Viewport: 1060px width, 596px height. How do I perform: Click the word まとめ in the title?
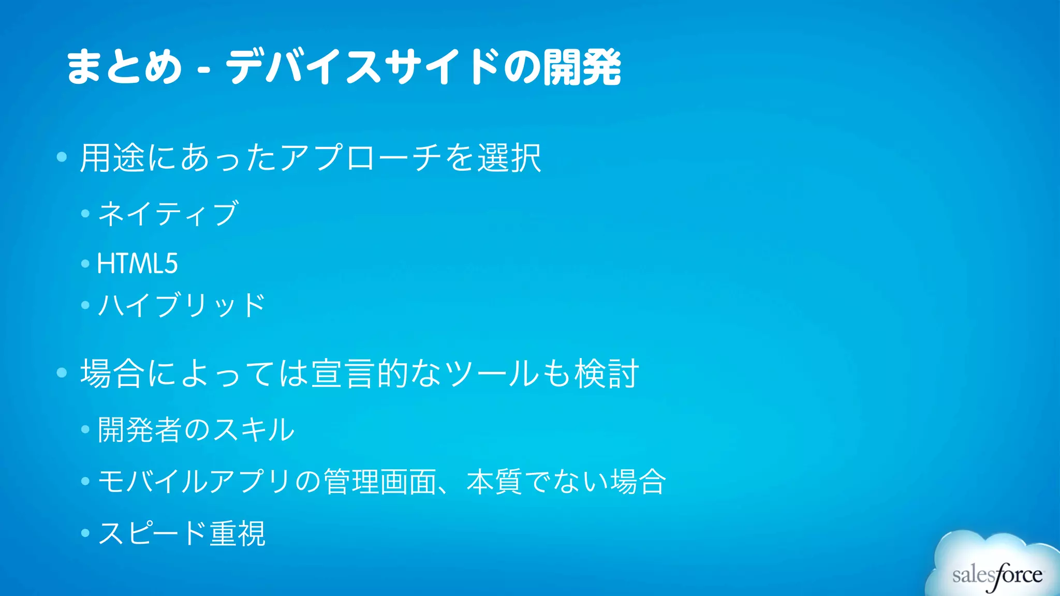pyautogui.click(x=124, y=67)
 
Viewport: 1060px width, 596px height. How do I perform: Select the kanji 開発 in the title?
pyautogui.click(x=582, y=67)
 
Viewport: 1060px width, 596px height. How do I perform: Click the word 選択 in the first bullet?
pyautogui.click(x=509, y=158)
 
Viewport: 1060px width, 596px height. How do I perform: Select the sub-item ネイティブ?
pyautogui.click(x=168, y=213)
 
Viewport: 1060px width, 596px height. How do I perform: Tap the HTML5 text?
pyautogui.click(x=137, y=263)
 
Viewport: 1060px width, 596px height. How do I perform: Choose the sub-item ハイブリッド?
pyautogui.click(x=181, y=305)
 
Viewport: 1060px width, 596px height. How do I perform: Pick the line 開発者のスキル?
pyautogui.click(x=196, y=429)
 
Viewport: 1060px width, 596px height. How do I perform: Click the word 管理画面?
pyautogui.click(x=380, y=481)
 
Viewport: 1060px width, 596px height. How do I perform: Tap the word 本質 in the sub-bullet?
pyautogui.click(x=494, y=481)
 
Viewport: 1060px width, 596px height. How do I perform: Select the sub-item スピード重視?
pyautogui.click(x=181, y=533)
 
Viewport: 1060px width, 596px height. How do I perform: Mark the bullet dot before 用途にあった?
pyautogui.click(x=62, y=157)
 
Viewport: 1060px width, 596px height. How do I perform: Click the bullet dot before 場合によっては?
pyautogui.click(x=62, y=373)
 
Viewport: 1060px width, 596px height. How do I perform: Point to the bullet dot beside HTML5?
pyautogui.click(x=85, y=264)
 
